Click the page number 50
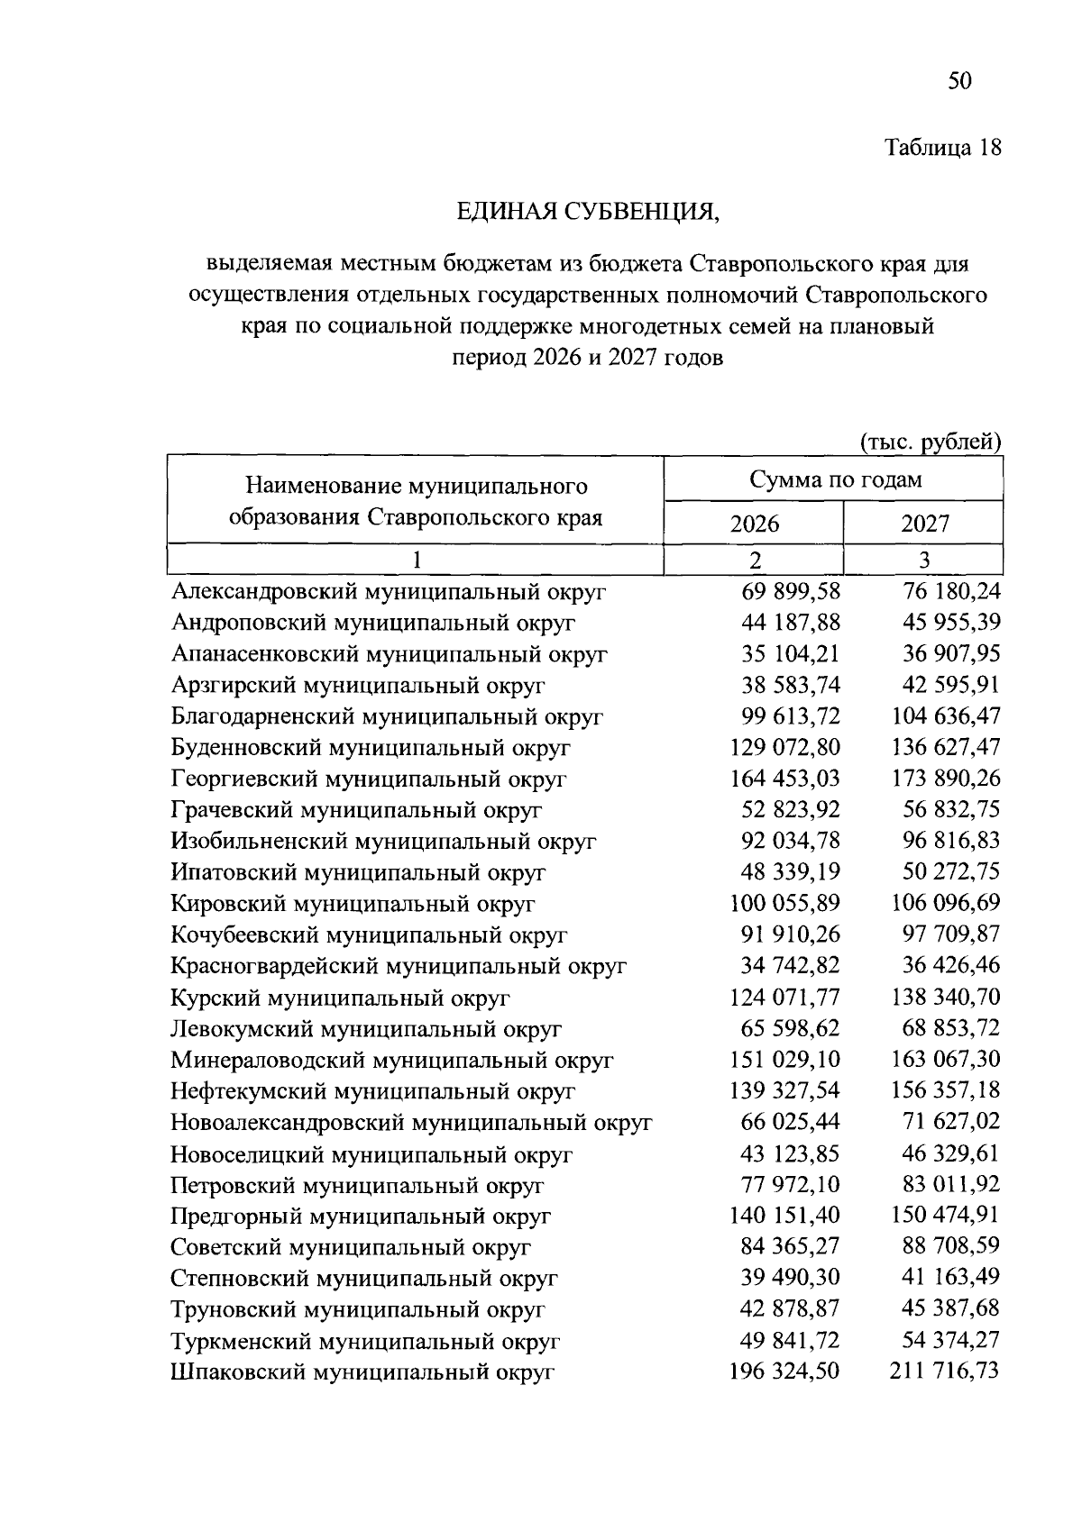[958, 82]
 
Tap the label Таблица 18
[943, 148]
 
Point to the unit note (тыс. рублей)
[931, 442]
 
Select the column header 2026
[754, 524]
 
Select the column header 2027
[924, 524]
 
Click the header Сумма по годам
[835, 479]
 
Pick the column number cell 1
[416, 560]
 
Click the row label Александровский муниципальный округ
[389, 592]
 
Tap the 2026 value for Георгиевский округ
[784, 778]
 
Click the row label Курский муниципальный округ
[341, 998]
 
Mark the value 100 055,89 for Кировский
[784, 903]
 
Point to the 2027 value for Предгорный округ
[944, 1216]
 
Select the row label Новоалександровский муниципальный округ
[411, 1123]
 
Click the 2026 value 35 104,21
[790, 654]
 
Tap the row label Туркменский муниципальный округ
[365, 1341]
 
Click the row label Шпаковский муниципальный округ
[362, 1372]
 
